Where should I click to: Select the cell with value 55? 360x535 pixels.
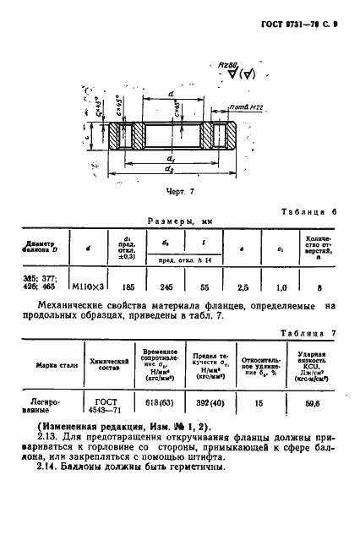click(205, 287)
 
